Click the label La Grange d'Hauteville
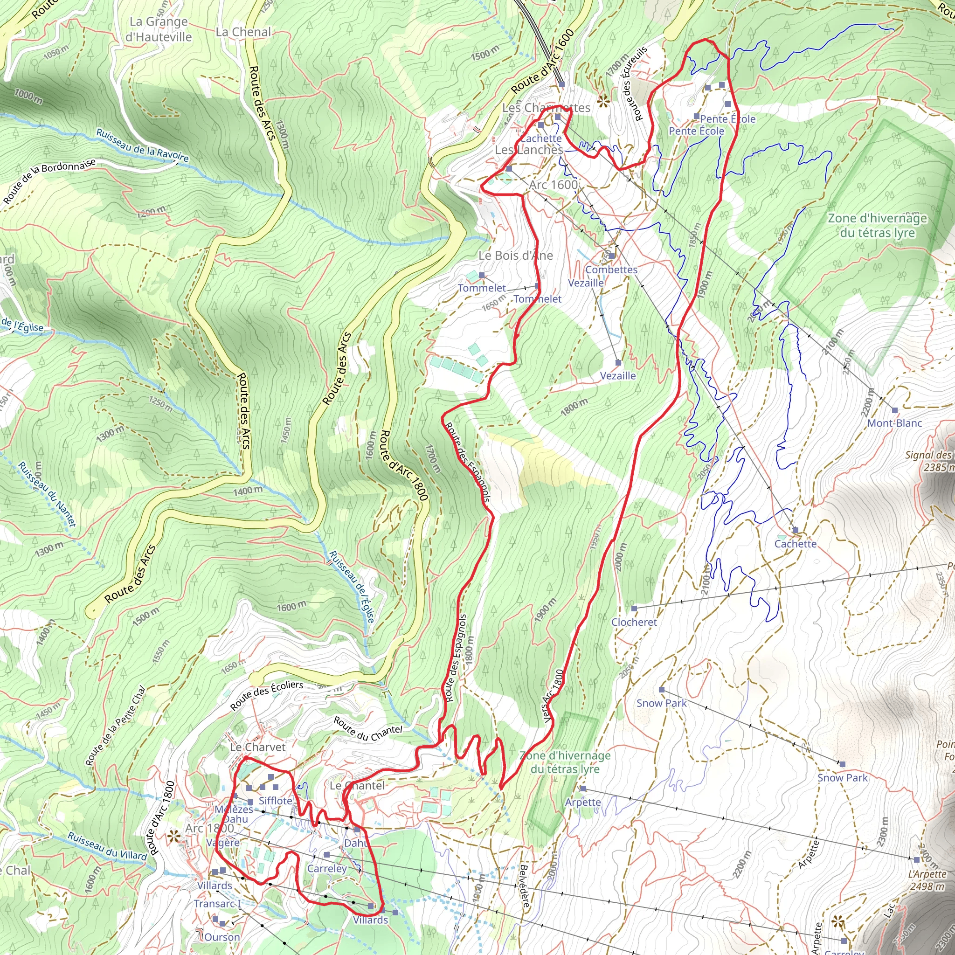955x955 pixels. click(158, 29)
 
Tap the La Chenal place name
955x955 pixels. click(243, 32)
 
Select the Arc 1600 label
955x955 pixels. click(553, 185)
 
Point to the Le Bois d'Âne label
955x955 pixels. click(516, 256)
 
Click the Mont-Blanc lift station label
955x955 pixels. click(895, 423)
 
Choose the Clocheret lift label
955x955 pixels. click(634, 623)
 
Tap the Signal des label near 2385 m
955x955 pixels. click(927, 455)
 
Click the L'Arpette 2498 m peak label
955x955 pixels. click(927, 880)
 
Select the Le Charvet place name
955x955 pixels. click(257, 747)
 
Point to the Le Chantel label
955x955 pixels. click(357, 785)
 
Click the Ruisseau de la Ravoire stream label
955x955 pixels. click(142, 146)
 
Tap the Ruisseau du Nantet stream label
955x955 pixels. click(48, 494)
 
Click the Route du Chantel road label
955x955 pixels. click(368, 729)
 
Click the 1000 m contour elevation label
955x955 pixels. click(28, 96)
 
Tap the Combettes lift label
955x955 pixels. click(611, 270)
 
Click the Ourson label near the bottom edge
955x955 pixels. click(222, 937)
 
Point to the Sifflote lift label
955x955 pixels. click(275, 801)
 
